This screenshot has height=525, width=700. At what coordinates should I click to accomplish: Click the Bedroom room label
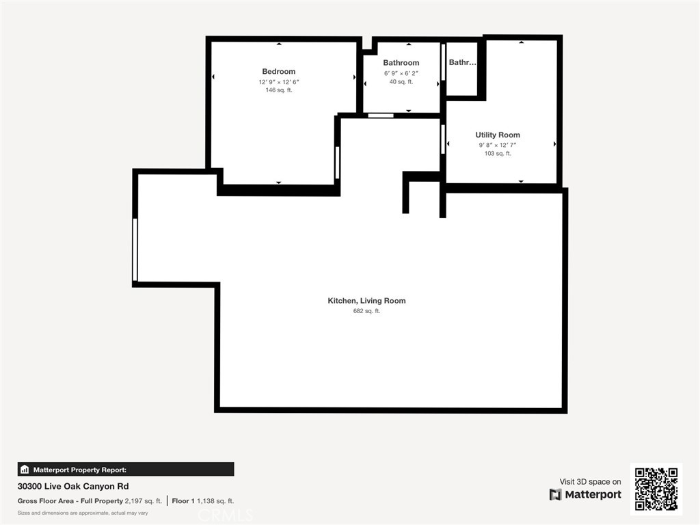pyautogui.click(x=278, y=72)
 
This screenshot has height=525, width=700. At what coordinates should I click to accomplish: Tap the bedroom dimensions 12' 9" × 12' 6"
pyautogui.click(x=278, y=82)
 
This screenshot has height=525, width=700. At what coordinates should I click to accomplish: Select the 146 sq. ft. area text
pyautogui.click(x=278, y=90)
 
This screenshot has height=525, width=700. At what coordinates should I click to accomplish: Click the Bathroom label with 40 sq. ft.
pyautogui.click(x=401, y=63)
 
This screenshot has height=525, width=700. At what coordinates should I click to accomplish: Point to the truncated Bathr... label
pyautogui.click(x=462, y=62)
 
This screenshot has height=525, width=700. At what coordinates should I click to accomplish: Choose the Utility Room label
pyautogui.click(x=498, y=135)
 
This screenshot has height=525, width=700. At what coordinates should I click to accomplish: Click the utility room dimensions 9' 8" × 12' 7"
pyautogui.click(x=498, y=145)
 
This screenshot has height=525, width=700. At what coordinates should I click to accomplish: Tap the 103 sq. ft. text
pyautogui.click(x=498, y=154)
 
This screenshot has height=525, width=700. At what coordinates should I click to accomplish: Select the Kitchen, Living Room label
pyautogui.click(x=366, y=301)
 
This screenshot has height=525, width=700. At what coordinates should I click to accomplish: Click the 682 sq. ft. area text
pyautogui.click(x=366, y=311)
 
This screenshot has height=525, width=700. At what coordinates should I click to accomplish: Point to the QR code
pyautogui.click(x=656, y=489)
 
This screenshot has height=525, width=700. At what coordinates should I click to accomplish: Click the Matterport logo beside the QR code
pyautogui.click(x=585, y=494)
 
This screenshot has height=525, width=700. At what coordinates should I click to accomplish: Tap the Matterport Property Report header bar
pyautogui.click(x=126, y=470)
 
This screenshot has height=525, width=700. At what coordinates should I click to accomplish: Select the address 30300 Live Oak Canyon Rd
pyautogui.click(x=72, y=487)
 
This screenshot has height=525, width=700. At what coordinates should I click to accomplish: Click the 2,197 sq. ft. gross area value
pyautogui.click(x=143, y=500)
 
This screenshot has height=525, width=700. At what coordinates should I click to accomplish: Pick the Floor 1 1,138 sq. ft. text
pyautogui.click(x=202, y=500)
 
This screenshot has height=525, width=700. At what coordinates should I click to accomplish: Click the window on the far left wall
pyautogui.click(x=135, y=250)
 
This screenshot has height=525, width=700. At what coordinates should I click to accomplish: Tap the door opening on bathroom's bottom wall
pyautogui.click(x=381, y=116)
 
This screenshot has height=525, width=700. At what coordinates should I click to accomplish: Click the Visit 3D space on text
pyautogui.click(x=590, y=482)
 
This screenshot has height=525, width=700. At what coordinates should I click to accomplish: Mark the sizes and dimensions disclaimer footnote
pyautogui.click(x=83, y=513)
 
